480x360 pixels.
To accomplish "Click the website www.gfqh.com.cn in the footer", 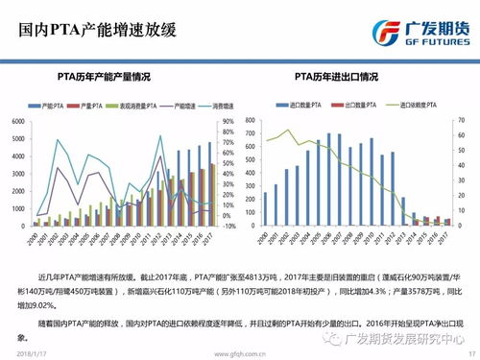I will coord(240,353).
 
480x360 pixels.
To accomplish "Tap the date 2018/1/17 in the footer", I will coord(34,353).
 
